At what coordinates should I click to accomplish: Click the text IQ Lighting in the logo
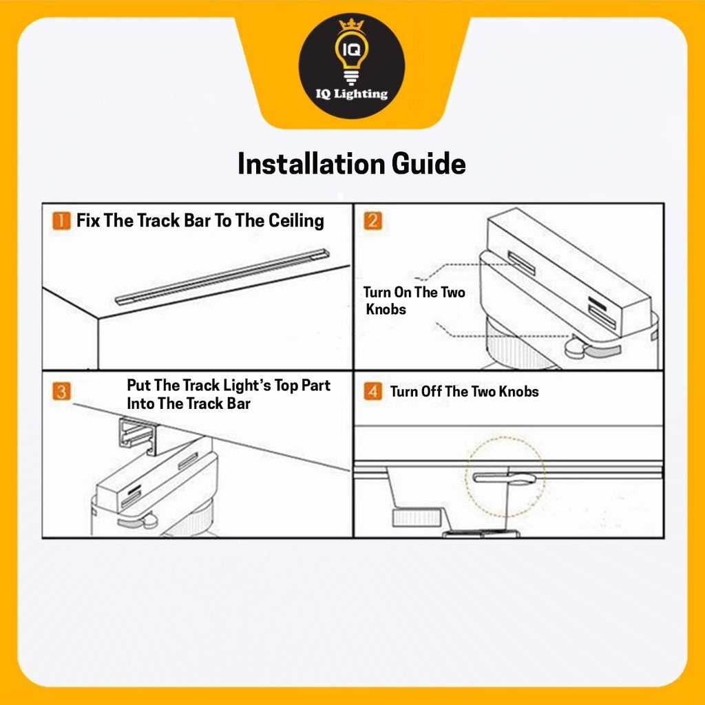click(352, 94)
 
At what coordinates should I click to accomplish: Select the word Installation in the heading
click(311, 164)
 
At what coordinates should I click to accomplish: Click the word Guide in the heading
click(428, 164)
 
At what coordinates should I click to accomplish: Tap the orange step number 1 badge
click(61, 221)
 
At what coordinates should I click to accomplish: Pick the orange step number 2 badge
click(372, 221)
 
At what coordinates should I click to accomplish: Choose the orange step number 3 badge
click(61, 391)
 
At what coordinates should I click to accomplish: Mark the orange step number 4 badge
click(372, 391)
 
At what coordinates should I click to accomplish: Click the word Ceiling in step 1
click(296, 221)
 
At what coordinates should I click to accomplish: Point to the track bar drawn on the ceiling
click(222, 277)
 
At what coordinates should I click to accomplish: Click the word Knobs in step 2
click(386, 309)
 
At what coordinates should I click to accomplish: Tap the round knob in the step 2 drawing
click(575, 348)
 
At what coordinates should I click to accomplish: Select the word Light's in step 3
click(247, 386)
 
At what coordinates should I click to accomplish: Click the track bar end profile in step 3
click(137, 436)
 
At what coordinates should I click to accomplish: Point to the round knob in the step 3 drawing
click(149, 521)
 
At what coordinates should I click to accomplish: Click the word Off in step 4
click(431, 391)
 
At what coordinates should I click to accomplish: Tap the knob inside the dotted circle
click(504, 478)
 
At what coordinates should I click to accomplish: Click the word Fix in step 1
click(87, 221)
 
